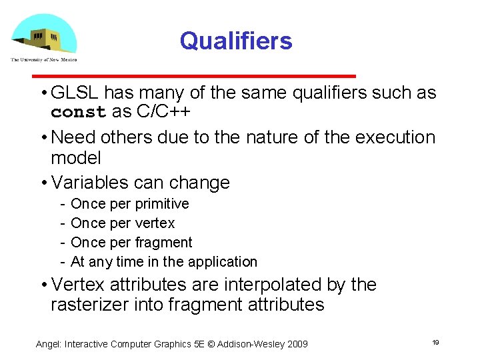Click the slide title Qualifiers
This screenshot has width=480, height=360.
pyautogui.click(x=236, y=41)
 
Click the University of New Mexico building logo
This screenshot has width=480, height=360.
pyautogui.click(x=44, y=35)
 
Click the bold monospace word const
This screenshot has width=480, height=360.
pyautogui.click(x=79, y=112)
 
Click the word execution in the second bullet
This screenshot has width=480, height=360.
pyautogui.click(x=395, y=137)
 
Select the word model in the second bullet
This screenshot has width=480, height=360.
pyautogui.click(x=76, y=158)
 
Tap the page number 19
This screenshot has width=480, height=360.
pyautogui.click(x=435, y=342)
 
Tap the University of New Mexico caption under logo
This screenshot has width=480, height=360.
pyautogui.click(x=44, y=59)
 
